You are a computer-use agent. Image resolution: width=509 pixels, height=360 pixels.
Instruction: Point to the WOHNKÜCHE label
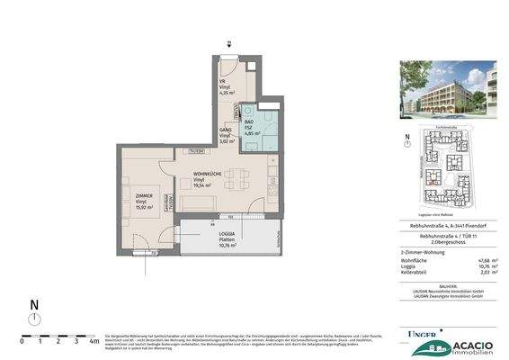(210, 173)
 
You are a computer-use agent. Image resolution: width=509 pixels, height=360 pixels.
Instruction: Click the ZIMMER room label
(145, 195)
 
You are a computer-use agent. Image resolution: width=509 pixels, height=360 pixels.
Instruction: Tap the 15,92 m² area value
(145, 208)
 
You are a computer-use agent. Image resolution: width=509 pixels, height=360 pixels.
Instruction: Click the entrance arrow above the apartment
(230, 42)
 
